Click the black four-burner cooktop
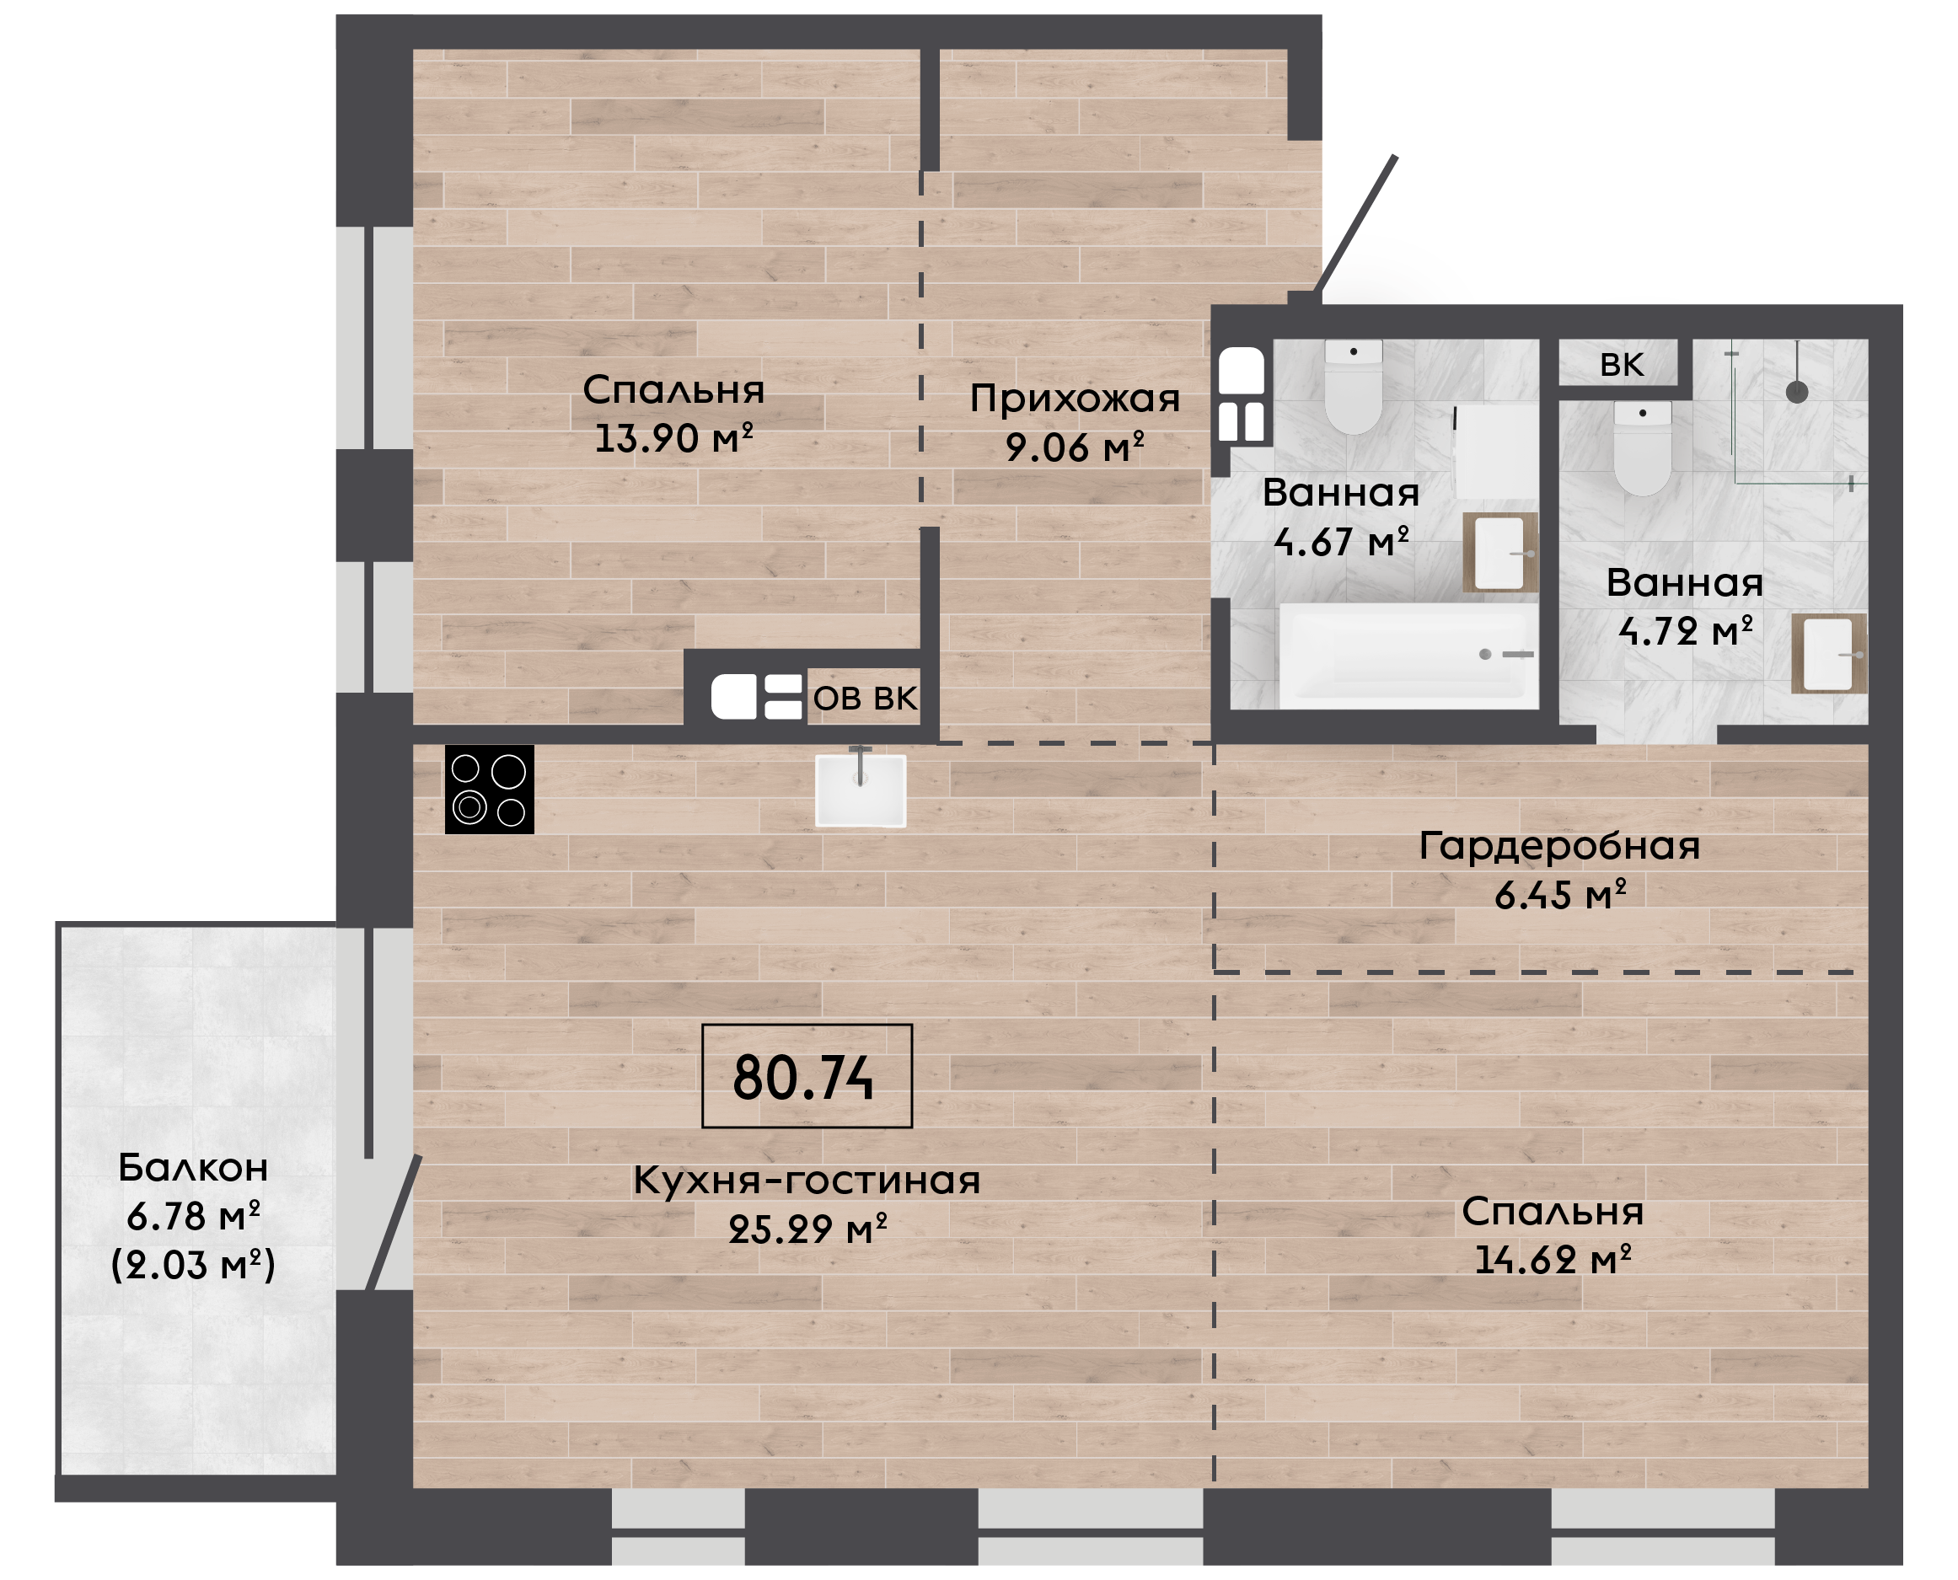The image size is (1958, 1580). (490, 789)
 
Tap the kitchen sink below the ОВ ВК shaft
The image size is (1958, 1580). (861, 790)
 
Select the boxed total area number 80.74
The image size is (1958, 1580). (804, 1079)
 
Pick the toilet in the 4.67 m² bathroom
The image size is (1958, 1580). (1354, 387)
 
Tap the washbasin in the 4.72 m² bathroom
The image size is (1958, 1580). (1829, 653)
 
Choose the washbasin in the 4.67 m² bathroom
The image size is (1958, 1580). (1500, 553)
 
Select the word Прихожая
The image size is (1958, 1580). (1075, 399)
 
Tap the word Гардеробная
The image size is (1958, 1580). (1559, 846)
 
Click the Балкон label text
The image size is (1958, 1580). (193, 1168)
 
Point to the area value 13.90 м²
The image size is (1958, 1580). (673, 438)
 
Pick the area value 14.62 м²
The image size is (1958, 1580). (1553, 1260)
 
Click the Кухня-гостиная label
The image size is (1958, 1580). (807, 1181)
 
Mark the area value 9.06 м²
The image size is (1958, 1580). (1075, 447)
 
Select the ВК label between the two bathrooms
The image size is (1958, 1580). (1622, 365)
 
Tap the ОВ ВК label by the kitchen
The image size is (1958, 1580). (865, 698)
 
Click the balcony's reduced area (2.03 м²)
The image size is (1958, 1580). (193, 1265)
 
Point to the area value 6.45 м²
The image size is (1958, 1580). (1560, 896)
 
